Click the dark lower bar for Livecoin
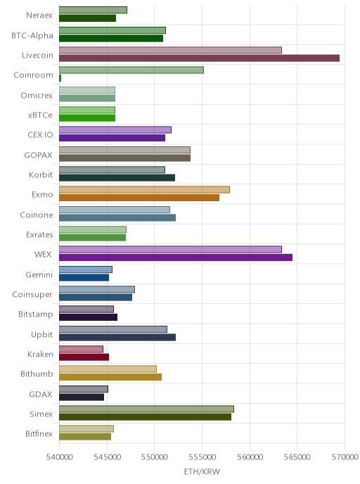coord(199,58)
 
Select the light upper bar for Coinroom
coord(131,70)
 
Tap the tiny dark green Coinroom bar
coord(60,78)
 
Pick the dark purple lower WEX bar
coord(176,257)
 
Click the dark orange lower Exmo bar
coord(139,198)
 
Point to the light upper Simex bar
coord(146,409)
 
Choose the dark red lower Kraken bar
coord(84,357)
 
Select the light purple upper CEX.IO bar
coord(115,130)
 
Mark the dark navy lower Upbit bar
coord(117,338)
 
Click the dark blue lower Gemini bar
coord(84,277)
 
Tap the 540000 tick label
coord(59,457)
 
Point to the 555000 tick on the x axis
coord(202,457)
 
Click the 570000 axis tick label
coord(345,457)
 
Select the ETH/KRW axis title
coord(202,471)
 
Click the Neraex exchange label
coord(39,15)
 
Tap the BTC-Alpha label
coord(32,35)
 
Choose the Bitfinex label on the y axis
coord(39,433)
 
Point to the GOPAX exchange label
coord(38,155)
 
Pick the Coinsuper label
coord(32,295)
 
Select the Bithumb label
coord(37,374)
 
